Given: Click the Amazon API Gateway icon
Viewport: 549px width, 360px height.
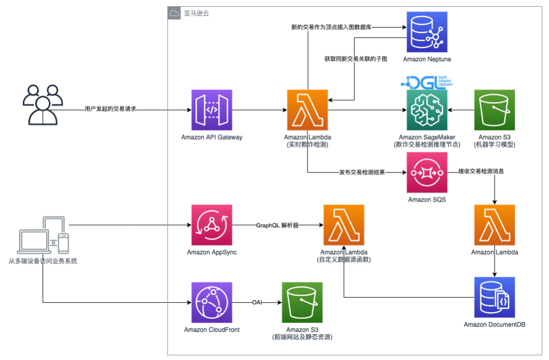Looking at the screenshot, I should click(211, 110).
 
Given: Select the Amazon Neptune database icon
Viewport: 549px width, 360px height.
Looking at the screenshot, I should click(426, 31).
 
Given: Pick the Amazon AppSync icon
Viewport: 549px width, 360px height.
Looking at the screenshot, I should click(211, 225).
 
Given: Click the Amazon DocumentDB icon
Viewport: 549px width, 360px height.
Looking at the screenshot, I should click(494, 297).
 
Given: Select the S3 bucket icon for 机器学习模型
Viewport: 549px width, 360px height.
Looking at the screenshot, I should click(494, 110).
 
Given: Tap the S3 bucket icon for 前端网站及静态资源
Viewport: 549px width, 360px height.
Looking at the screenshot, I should click(302, 302).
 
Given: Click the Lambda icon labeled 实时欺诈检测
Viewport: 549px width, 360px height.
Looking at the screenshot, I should click(307, 110).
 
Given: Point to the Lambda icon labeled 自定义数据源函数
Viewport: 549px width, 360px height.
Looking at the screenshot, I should click(343, 225).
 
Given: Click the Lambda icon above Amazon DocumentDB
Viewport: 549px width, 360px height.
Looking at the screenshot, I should click(494, 225).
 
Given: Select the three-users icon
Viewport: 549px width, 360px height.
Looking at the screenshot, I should click(42, 104).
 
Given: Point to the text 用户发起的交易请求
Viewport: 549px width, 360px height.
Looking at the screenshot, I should click(110, 110).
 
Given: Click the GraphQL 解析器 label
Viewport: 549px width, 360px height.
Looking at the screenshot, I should click(277, 225).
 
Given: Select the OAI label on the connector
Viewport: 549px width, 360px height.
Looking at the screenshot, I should click(257, 302).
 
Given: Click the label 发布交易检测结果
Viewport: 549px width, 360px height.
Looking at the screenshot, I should click(361, 172).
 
